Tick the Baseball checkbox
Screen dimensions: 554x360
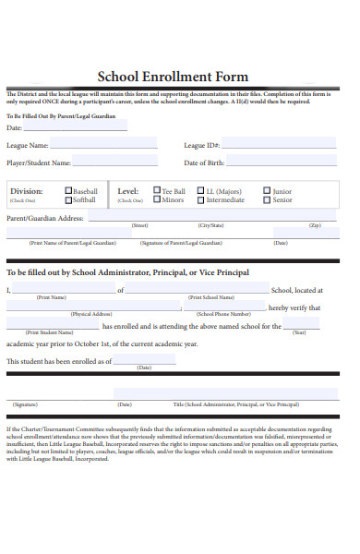tap(68, 191)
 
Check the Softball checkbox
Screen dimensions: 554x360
tap(68, 199)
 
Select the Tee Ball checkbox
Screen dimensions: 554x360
tap(156, 191)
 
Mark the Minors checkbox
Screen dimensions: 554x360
tap(156, 199)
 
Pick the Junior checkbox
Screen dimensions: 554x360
tap(267, 191)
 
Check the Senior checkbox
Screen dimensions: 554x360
tap(267, 199)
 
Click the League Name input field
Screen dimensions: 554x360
tap(103, 144)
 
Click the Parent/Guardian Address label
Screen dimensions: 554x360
tap(45, 218)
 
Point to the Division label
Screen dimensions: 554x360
tap(26, 191)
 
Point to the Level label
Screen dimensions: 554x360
tap(127, 191)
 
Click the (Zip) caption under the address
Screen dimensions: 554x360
tap(315, 225)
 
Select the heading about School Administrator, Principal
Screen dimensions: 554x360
tap(127, 273)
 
